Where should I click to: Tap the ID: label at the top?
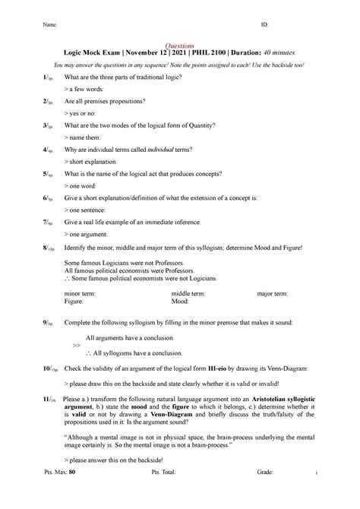[265, 25]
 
